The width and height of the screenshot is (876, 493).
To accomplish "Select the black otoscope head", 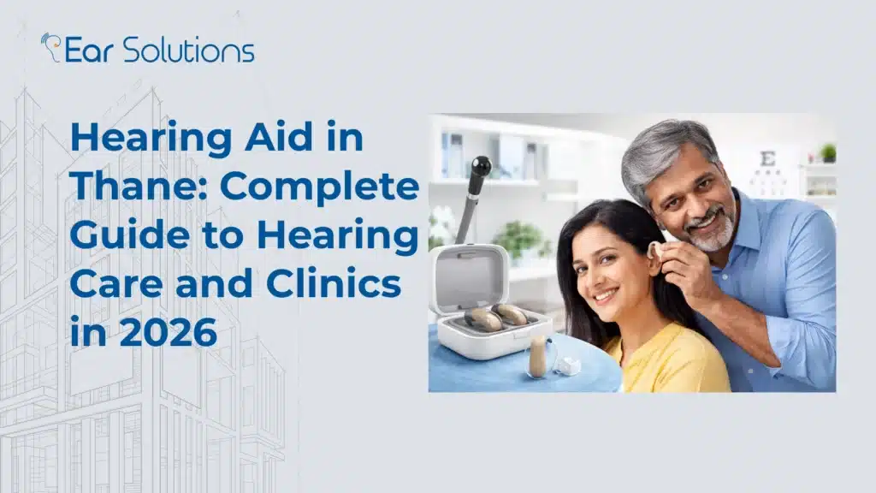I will pos(480,166).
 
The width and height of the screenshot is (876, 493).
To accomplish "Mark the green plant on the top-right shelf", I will pos(827,152).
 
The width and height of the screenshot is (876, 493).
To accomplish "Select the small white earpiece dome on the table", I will pos(567,365).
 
